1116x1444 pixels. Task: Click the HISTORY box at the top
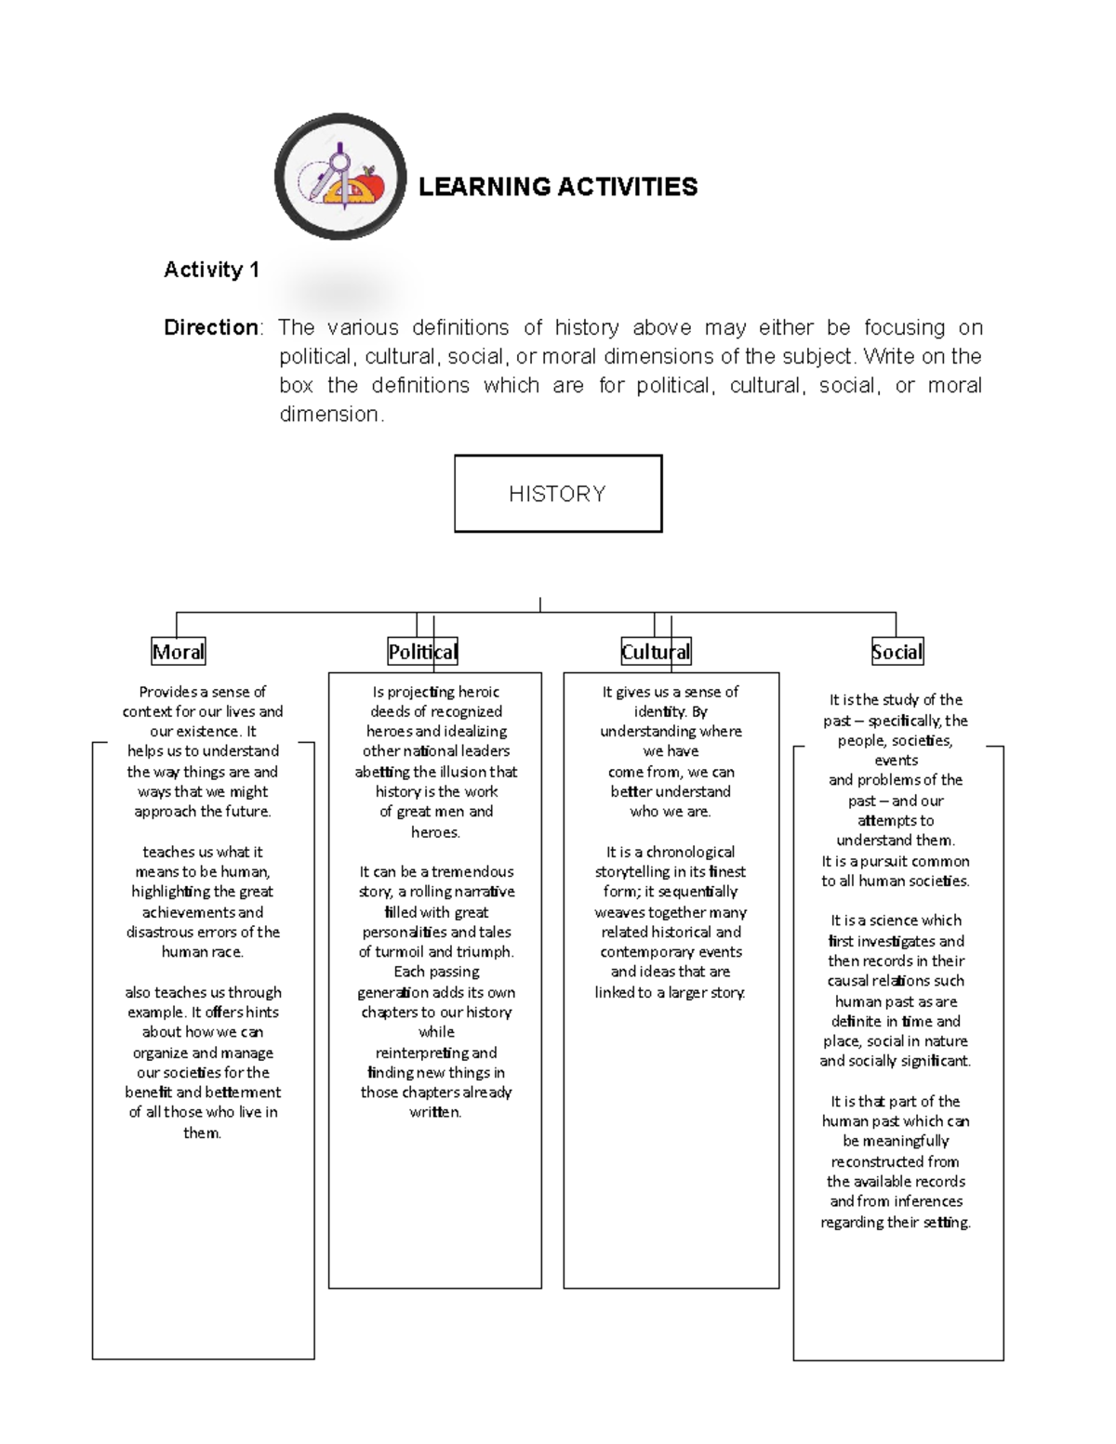(557, 494)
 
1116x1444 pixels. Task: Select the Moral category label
(178, 652)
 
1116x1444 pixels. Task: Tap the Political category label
(423, 652)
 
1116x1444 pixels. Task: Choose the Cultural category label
(656, 652)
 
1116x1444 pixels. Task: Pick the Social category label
(897, 652)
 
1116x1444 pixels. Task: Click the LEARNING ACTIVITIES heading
(557, 187)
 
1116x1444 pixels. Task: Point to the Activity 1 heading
(211, 270)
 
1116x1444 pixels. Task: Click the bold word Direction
(211, 327)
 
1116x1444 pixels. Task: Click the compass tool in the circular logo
(338, 172)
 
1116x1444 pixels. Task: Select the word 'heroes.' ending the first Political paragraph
(435, 832)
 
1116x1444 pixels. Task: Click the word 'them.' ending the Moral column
(202, 1133)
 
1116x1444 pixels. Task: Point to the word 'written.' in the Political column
(435, 1112)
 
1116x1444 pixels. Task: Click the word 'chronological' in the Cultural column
(690, 852)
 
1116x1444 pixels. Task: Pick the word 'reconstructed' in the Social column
(895, 1161)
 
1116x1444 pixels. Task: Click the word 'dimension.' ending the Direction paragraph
(330, 415)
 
